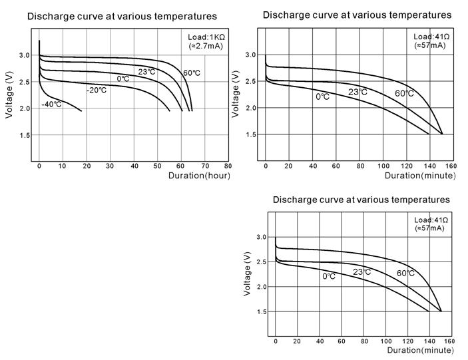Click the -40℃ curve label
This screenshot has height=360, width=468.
pos(51,104)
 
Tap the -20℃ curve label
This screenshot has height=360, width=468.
pos(97,89)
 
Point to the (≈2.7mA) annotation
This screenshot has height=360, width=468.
pos(206,48)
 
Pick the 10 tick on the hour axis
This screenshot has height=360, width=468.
pos(63,166)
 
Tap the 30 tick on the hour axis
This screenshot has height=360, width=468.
pos(111,166)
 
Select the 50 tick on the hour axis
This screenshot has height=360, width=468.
pos(157,166)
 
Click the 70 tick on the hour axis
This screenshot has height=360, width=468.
pos(204,166)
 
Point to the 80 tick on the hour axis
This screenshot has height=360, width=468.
pos(228,166)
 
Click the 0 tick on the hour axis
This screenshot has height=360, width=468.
pos(40,166)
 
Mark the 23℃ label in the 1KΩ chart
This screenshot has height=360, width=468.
pos(146,71)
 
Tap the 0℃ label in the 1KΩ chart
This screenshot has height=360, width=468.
pos(123,79)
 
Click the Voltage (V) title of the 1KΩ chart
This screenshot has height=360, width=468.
pos(9,95)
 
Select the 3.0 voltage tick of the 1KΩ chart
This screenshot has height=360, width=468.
pos(24,55)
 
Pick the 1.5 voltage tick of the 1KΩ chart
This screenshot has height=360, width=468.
pos(24,136)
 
